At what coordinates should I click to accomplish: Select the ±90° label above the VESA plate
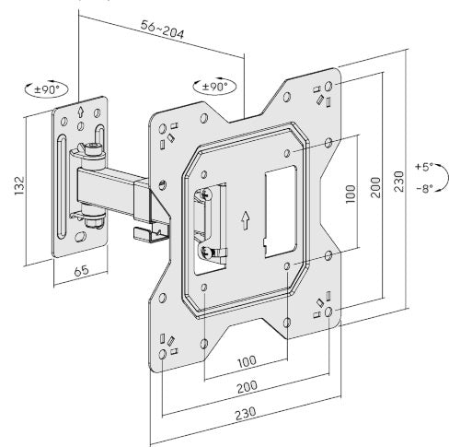point(213,86)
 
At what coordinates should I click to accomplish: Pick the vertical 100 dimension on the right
point(350,195)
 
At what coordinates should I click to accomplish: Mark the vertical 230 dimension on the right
point(400,182)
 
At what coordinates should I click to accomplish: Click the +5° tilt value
point(423,167)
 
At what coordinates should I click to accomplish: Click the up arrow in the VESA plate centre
point(245,220)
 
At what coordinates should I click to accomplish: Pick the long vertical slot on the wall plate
point(62,188)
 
